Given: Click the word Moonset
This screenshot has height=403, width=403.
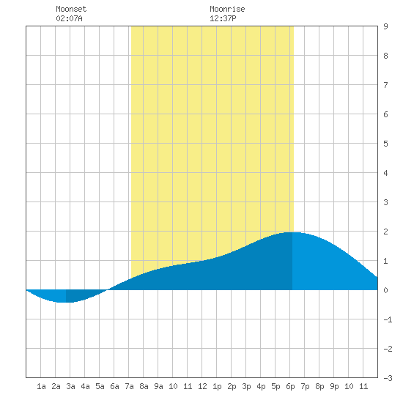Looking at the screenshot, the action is (x=71, y=9).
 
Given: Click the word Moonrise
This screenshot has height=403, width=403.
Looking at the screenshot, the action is (x=227, y=9).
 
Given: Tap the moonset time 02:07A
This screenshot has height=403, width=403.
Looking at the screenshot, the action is (x=69, y=18).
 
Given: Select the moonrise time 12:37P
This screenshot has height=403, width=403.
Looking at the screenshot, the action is (x=223, y=18).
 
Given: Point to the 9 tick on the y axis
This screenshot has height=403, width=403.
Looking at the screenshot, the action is (x=385, y=26).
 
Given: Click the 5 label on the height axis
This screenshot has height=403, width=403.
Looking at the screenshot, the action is (x=385, y=144).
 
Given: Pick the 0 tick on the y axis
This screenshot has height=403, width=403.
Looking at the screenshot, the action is (x=385, y=290).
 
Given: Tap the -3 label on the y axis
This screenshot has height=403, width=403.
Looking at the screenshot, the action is (x=388, y=378).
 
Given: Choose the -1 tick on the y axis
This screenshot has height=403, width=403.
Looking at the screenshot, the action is (x=388, y=319).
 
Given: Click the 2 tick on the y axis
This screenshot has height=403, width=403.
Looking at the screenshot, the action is (x=385, y=232).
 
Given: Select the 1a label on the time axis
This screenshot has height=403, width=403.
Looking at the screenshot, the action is (x=41, y=386).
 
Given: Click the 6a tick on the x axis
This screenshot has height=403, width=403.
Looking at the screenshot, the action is (x=114, y=386).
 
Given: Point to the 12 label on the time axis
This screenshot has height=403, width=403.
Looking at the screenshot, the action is (x=202, y=386).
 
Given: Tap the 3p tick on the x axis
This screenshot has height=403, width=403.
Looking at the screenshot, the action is (x=246, y=386).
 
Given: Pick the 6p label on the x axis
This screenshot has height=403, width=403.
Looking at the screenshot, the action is (x=290, y=386).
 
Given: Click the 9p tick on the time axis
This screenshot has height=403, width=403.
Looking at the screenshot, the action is (x=334, y=386).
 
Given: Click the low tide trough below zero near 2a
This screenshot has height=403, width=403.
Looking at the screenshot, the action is (x=62, y=302).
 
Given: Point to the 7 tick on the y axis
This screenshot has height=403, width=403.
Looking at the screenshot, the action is (x=385, y=85).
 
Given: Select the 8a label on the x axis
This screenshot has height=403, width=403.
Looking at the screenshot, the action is (x=144, y=386).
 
